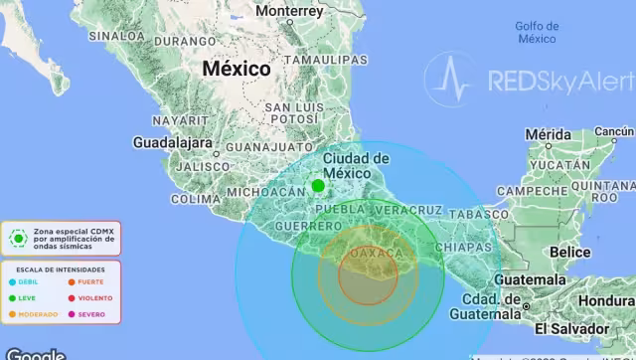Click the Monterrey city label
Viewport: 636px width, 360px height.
tap(289, 11)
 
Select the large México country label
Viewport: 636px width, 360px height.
tap(237, 69)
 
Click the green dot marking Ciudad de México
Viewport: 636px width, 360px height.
tap(318, 186)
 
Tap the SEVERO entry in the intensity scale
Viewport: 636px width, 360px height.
tap(90, 314)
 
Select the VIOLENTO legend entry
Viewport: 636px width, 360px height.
tap(92, 297)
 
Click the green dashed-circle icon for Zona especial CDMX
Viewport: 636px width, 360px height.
tap(18, 237)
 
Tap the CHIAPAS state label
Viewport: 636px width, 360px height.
tap(463, 246)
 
